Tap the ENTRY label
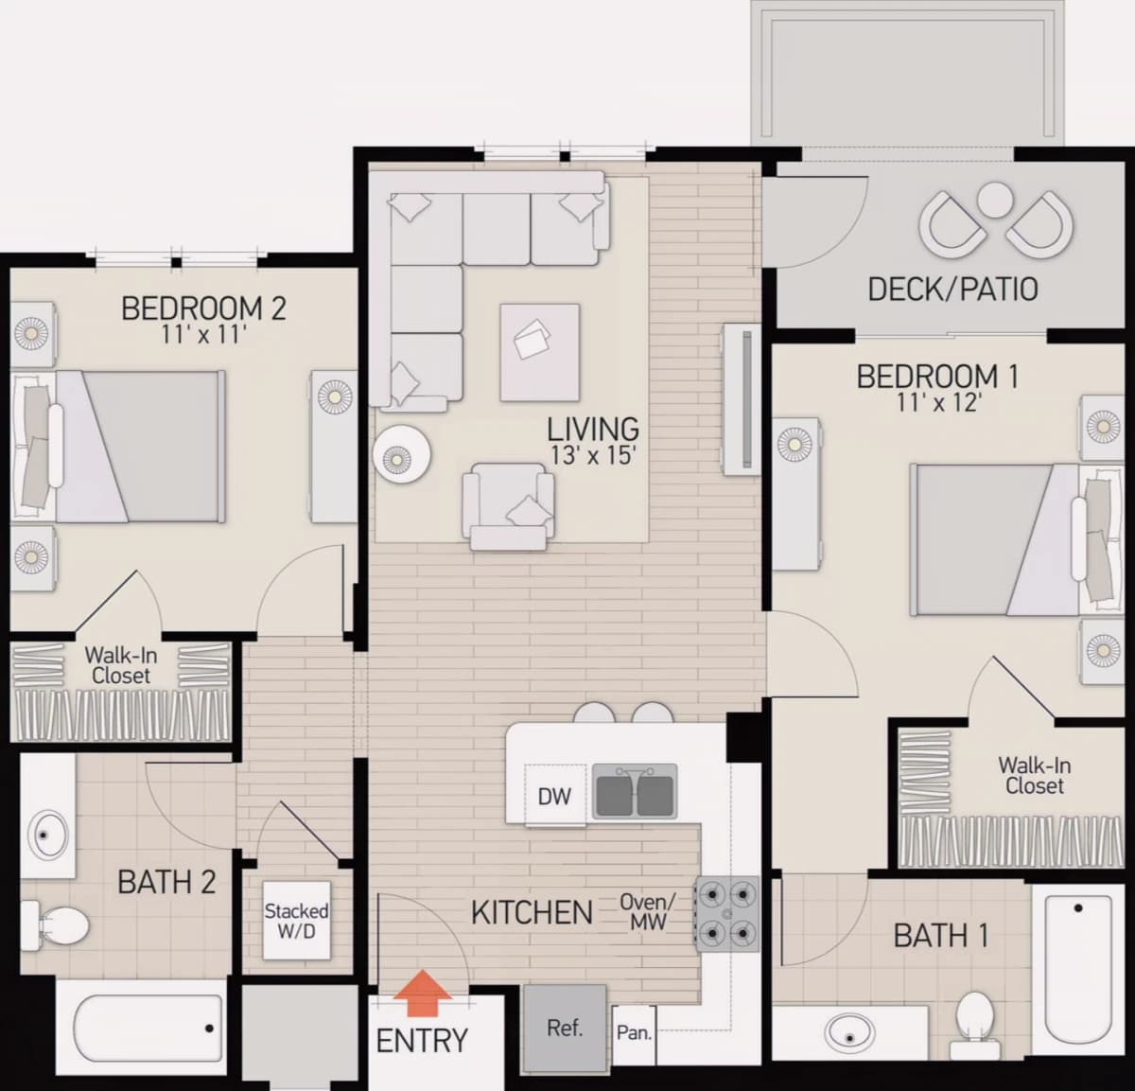422,1041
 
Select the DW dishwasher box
554,796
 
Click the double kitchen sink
635,791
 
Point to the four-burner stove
726,914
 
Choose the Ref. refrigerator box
565,1028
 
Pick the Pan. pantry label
634,1033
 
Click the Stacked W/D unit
296,920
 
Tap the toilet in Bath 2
54,924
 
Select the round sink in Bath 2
49,835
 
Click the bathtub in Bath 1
1078,969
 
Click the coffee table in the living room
539,352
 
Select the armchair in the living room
509,506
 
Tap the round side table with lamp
402,454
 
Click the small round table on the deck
995,200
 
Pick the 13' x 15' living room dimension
593,456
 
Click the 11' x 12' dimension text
938,402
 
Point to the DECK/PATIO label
953,290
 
